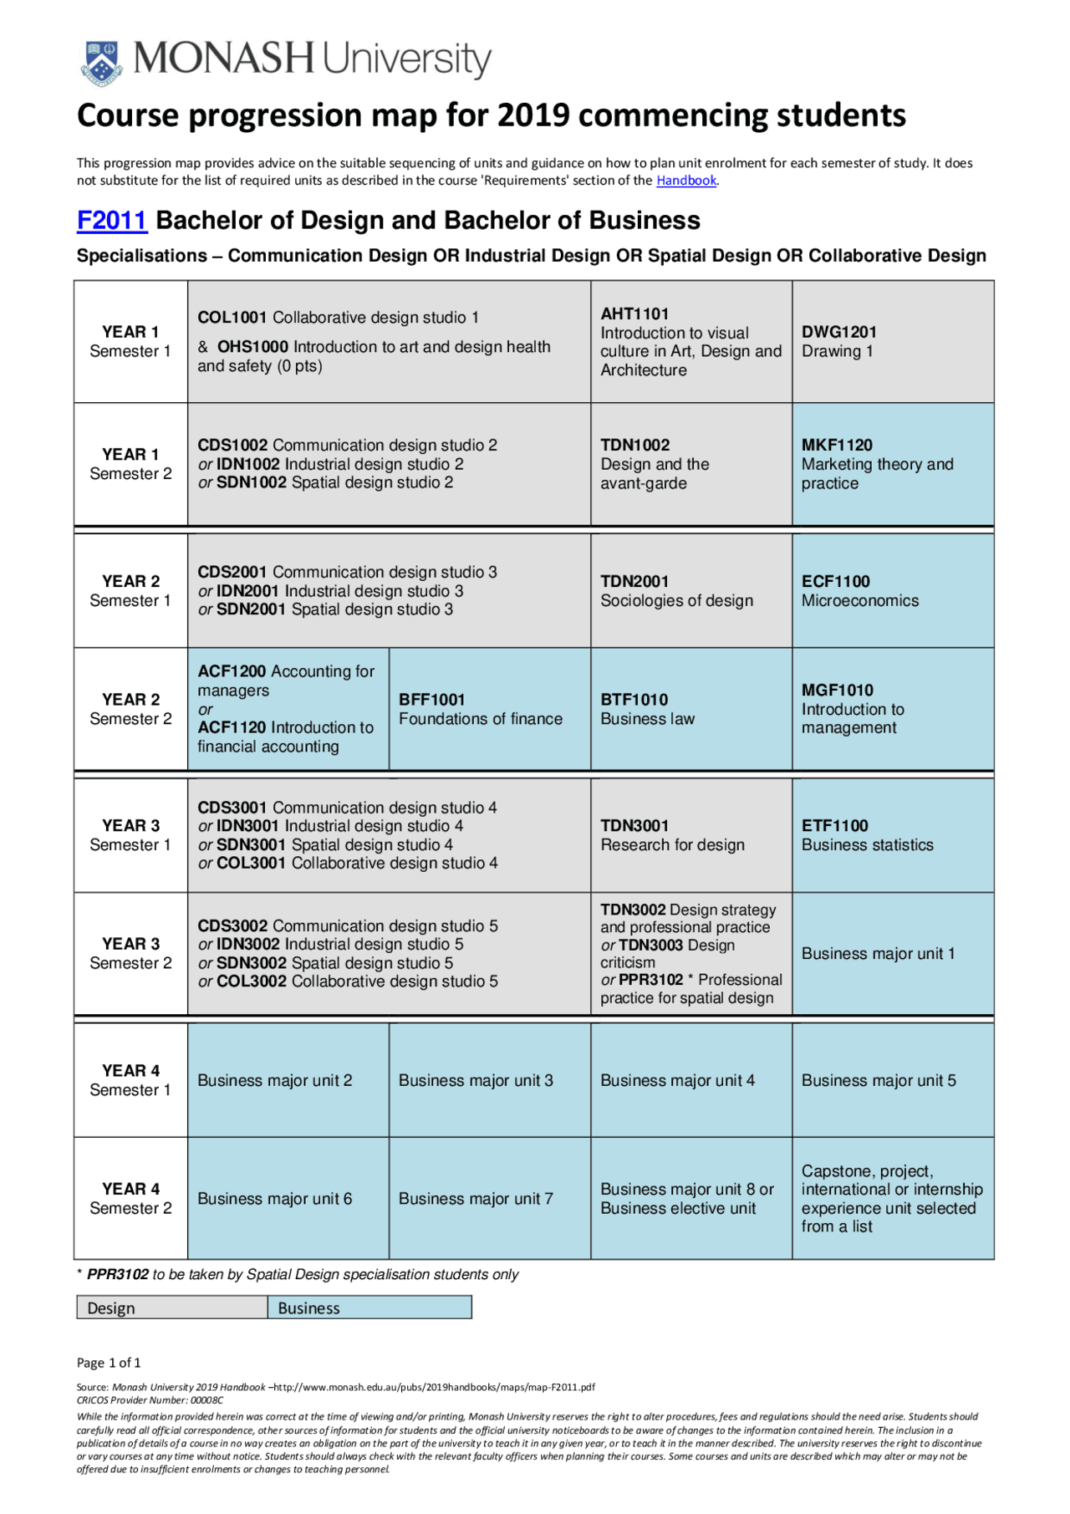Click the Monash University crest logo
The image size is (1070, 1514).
pyautogui.click(x=101, y=63)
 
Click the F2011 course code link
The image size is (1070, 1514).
pyautogui.click(x=111, y=221)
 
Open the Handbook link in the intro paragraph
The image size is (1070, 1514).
pyautogui.click(x=686, y=181)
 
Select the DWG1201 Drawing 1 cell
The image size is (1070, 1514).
pyautogui.click(x=892, y=342)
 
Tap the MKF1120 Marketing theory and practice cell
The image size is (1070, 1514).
pyautogui.click(x=892, y=464)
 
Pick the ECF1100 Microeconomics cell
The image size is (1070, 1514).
pyautogui.click(x=892, y=591)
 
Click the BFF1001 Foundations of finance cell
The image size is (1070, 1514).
pyautogui.click(x=489, y=709)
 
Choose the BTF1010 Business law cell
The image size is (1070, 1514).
pyautogui.click(x=690, y=709)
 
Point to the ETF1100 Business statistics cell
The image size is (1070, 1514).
pyautogui.click(x=892, y=835)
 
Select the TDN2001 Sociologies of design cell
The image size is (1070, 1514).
pyautogui.click(x=690, y=591)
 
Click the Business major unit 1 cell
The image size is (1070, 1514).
pyautogui.click(x=892, y=954)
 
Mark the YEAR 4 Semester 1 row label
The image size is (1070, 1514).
pyautogui.click(x=130, y=1080)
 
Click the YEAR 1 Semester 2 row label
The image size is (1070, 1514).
pyautogui.click(x=130, y=464)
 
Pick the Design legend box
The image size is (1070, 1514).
pyautogui.click(x=171, y=1308)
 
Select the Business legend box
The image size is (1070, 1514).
pyautogui.click(x=369, y=1308)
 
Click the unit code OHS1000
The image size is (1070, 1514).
pyautogui.click(x=252, y=347)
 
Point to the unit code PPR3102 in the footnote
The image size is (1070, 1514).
pyautogui.click(x=118, y=1275)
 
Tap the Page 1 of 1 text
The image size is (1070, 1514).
pyautogui.click(x=109, y=1363)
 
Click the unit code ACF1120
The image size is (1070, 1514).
pyautogui.click(x=232, y=728)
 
